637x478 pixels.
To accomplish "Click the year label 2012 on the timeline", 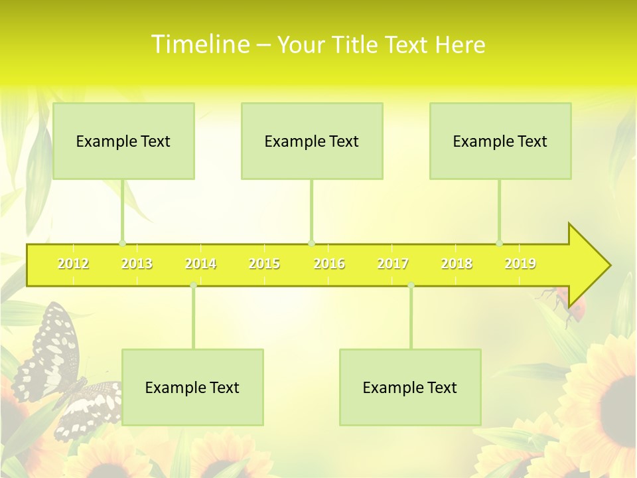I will point(73,264).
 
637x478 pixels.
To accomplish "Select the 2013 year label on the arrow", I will point(137,264).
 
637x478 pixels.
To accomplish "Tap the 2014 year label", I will point(200,264).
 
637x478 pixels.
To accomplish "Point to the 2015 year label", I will point(264,264).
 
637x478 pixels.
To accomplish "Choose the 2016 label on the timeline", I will point(329,264).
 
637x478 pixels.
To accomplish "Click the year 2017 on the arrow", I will point(393,264).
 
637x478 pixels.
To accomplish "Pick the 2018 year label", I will point(457,264).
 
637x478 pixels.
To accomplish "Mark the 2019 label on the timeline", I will point(520,264).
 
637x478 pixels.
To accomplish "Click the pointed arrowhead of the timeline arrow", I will point(591,265).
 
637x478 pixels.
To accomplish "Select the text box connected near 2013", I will point(123,141).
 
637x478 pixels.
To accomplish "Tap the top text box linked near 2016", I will point(312,141).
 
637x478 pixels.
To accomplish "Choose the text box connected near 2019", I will point(500,141).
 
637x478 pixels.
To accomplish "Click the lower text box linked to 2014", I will point(192,387).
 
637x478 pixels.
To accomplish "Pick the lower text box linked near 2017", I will point(410,387).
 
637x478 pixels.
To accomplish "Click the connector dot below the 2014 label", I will point(193,285).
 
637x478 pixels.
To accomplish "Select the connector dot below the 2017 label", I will point(411,285).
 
